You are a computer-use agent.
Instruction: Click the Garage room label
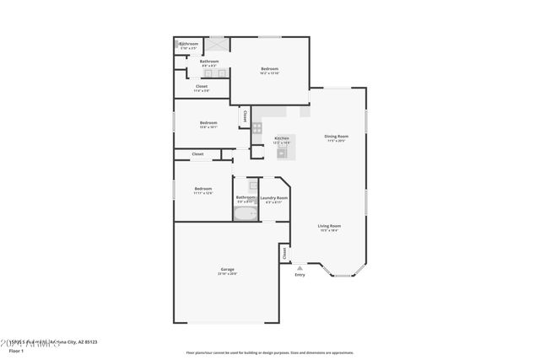tap(227, 269)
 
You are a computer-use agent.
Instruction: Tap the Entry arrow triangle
tap(299, 267)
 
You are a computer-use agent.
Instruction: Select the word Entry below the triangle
tap(300, 275)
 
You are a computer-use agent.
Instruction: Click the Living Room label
tap(329, 226)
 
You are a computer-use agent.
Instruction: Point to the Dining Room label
tap(336, 136)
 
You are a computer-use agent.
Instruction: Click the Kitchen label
tap(282, 138)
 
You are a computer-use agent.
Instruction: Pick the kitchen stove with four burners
tap(257, 128)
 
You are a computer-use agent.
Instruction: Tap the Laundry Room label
tap(274, 198)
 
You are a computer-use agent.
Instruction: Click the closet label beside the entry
tap(284, 253)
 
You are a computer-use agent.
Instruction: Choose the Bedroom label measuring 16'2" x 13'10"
tap(269, 69)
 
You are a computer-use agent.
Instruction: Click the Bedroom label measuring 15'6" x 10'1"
tap(208, 123)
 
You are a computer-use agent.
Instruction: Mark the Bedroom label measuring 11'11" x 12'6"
tap(202, 189)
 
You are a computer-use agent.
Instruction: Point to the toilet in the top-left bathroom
tap(180, 44)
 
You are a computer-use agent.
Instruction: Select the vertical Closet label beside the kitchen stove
tap(245, 115)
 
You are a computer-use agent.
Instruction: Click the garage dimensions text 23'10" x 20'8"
tap(227, 274)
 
